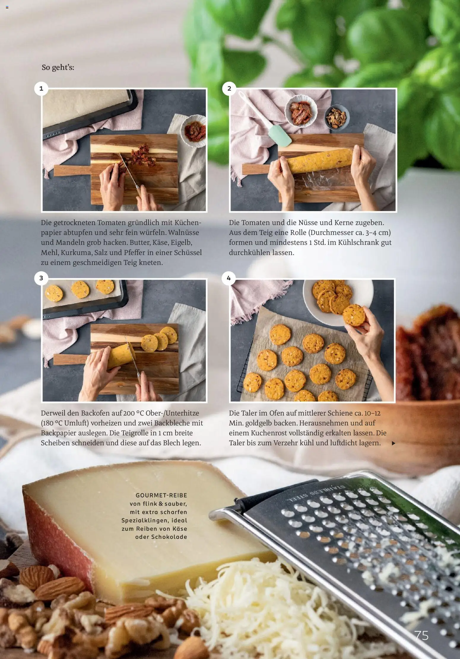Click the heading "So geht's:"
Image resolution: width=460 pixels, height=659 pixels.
pyautogui.click(x=58, y=68)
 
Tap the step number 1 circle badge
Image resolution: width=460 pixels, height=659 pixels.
pyautogui.click(x=41, y=89)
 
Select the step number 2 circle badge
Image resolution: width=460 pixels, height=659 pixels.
pyautogui.click(x=229, y=89)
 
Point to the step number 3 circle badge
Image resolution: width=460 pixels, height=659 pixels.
pyautogui.click(x=41, y=278)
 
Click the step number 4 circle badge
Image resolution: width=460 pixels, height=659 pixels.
pyautogui.click(x=229, y=278)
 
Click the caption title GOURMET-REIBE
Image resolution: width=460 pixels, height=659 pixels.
pyautogui.click(x=161, y=495)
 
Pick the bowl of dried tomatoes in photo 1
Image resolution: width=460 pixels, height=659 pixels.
pyautogui.click(x=193, y=130)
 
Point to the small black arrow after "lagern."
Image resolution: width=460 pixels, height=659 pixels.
pyautogui.click(x=394, y=444)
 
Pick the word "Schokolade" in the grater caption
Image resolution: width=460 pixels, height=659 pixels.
pyautogui.click(x=169, y=537)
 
